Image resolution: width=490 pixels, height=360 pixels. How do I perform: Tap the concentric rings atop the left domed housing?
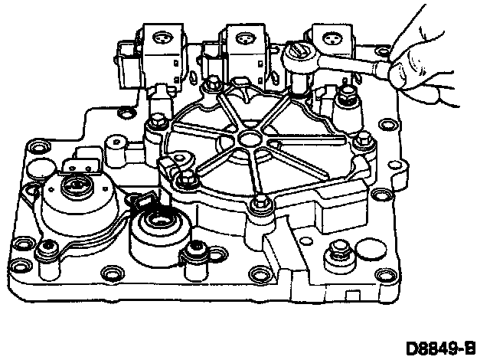click(77, 185)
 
